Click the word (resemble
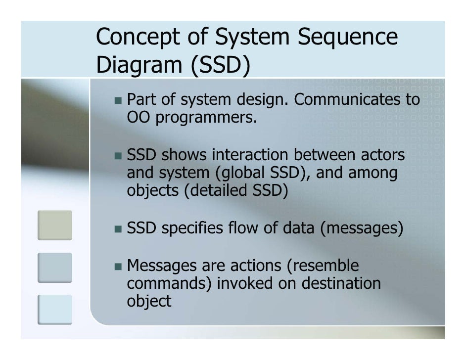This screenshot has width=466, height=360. click(323, 266)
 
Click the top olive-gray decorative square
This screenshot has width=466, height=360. click(55, 225)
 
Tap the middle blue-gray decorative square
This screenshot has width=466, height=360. click(55, 267)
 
